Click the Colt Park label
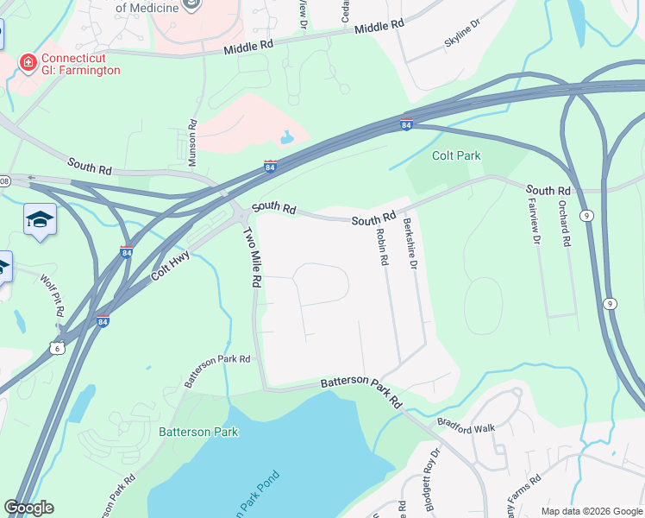pos(455,156)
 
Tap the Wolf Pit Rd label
pos(51,292)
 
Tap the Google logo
pos(28,508)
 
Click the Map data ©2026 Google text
pos(591,511)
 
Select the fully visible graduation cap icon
pos(40,220)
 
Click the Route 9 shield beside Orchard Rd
pos(586,215)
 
